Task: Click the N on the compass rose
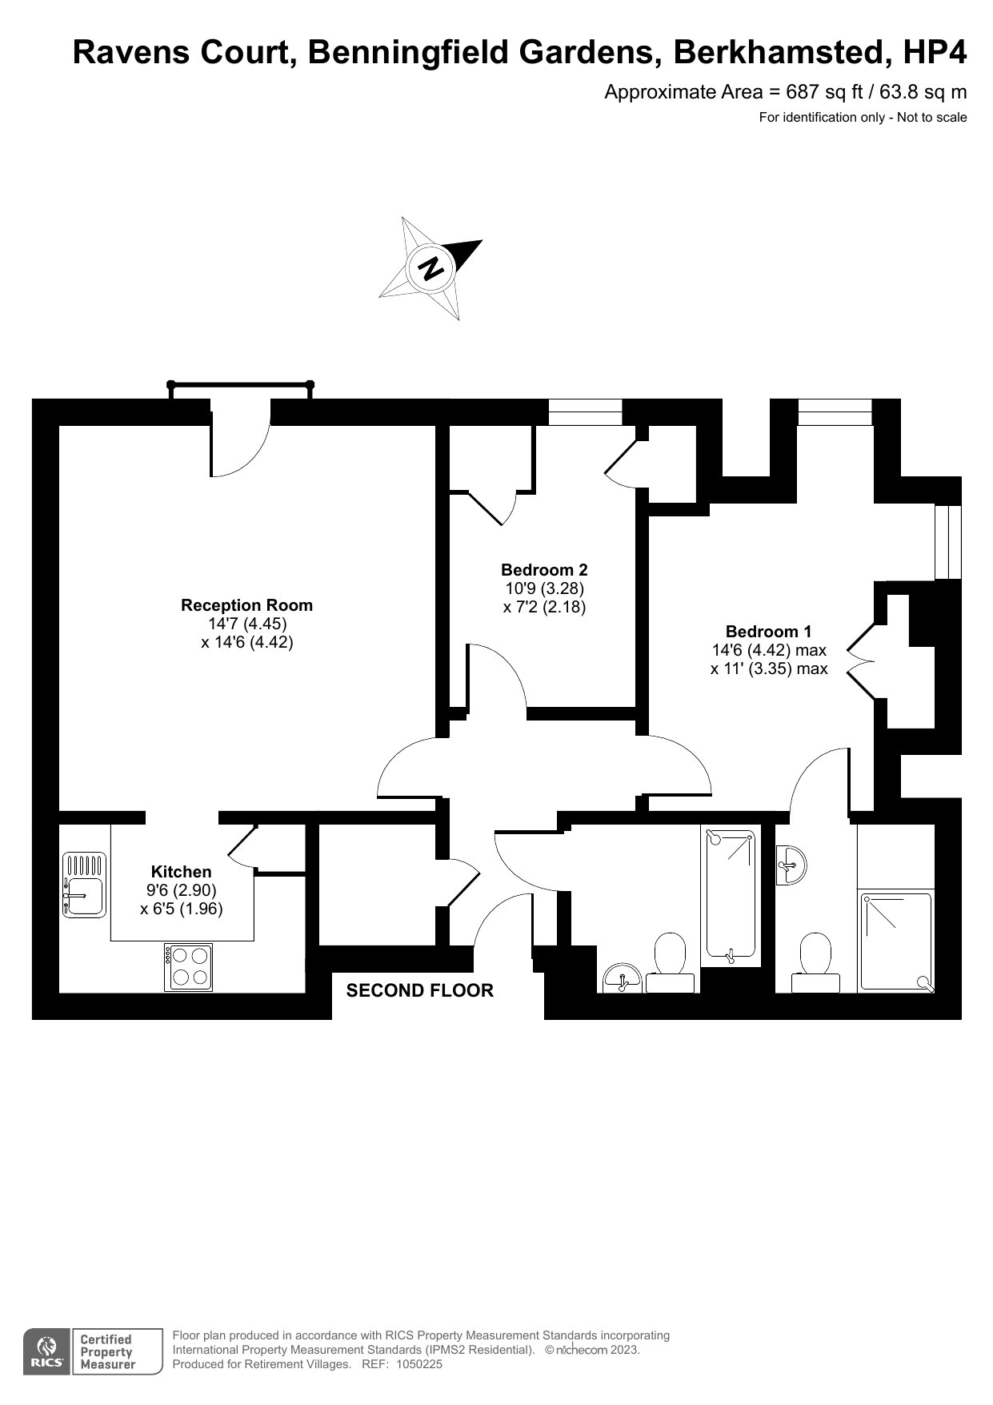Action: (x=432, y=267)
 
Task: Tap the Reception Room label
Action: (x=246, y=605)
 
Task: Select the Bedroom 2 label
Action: (x=544, y=570)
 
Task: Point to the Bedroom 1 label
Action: (x=768, y=632)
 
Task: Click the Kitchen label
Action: (x=182, y=872)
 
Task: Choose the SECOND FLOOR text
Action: (x=420, y=990)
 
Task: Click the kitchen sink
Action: (x=84, y=885)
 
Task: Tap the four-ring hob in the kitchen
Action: (x=189, y=966)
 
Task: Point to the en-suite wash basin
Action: (x=791, y=865)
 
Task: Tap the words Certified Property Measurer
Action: (x=106, y=1352)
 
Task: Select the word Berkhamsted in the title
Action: (x=781, y=53)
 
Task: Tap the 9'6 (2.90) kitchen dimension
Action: (x=182, y=890)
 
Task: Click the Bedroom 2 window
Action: (x=586, y=412)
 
